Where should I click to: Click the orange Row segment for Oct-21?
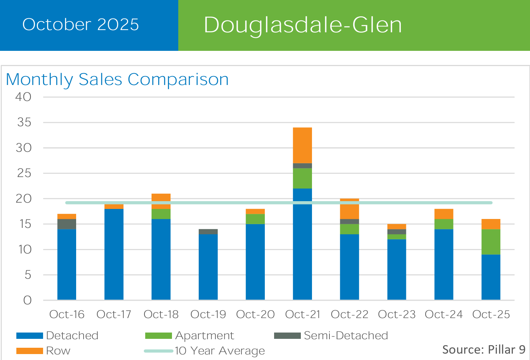302,145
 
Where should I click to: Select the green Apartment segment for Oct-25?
491,242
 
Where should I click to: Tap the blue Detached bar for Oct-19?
208,267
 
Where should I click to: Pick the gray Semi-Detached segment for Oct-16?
67,224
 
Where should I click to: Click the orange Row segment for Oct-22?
349,210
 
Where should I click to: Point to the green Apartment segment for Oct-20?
255,219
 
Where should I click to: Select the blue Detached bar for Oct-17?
114,254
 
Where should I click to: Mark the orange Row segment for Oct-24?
444,214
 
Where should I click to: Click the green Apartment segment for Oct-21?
302,178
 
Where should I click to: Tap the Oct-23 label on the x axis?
397,314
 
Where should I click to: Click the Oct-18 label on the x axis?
161,314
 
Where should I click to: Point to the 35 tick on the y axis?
24,122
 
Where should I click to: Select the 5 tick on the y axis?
27,275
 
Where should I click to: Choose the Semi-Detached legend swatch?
287,336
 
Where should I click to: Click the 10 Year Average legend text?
220,351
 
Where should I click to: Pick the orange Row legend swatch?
30,351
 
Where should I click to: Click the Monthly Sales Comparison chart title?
117,79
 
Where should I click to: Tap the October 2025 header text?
81,24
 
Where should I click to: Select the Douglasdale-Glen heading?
303,25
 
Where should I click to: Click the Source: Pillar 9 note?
484,349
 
